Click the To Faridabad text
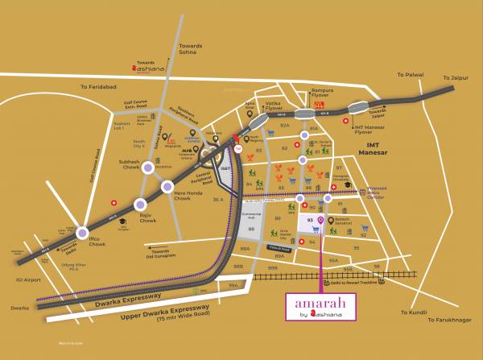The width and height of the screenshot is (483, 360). (x=97, y=87)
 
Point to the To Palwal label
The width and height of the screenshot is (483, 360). (x=409, y=74)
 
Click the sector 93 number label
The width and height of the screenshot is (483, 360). (x=309, y=218)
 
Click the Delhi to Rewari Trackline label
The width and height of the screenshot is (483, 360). (x=354, y=283)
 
